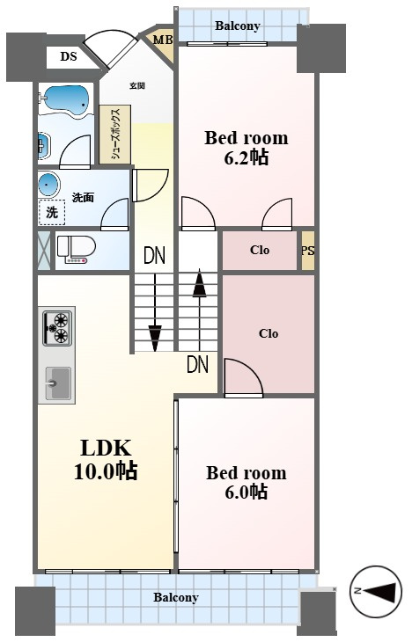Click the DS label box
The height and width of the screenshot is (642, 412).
69,56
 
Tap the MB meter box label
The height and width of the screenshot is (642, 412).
163,40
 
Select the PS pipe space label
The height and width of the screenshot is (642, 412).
308,251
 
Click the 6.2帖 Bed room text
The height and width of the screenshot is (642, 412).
246,148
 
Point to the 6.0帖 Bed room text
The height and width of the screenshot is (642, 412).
246,482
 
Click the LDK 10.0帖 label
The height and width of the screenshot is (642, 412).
106,459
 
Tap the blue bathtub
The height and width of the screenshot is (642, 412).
66,98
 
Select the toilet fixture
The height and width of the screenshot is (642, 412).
76,250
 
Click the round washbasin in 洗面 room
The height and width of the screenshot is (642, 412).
49,185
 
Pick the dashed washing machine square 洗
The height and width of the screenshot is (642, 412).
52,213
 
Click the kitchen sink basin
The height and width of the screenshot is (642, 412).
58,383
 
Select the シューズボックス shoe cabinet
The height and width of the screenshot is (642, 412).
114,135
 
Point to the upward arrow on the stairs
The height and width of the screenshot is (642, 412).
199,309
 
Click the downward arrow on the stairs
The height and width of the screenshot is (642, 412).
155,312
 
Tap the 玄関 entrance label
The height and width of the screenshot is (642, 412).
137,86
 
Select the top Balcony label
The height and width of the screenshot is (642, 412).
238,26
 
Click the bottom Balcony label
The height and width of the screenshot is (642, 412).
176,597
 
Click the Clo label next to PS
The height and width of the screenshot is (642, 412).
260,250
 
